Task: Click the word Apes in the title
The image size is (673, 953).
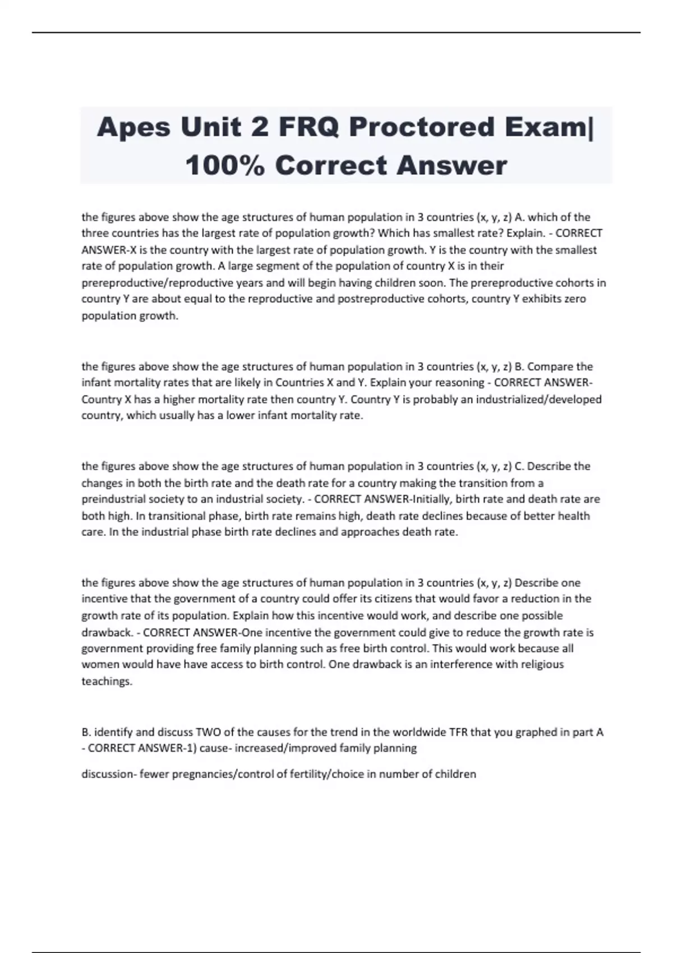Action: pyautogui.click(x=133, y=127)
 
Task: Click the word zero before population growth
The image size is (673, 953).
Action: pyautogui.click(x=573, y=299)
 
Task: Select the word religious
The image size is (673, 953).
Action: pyautogui.click(x=542, y=664)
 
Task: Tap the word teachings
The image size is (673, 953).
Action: pyautogui.click(x=107, y=681)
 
